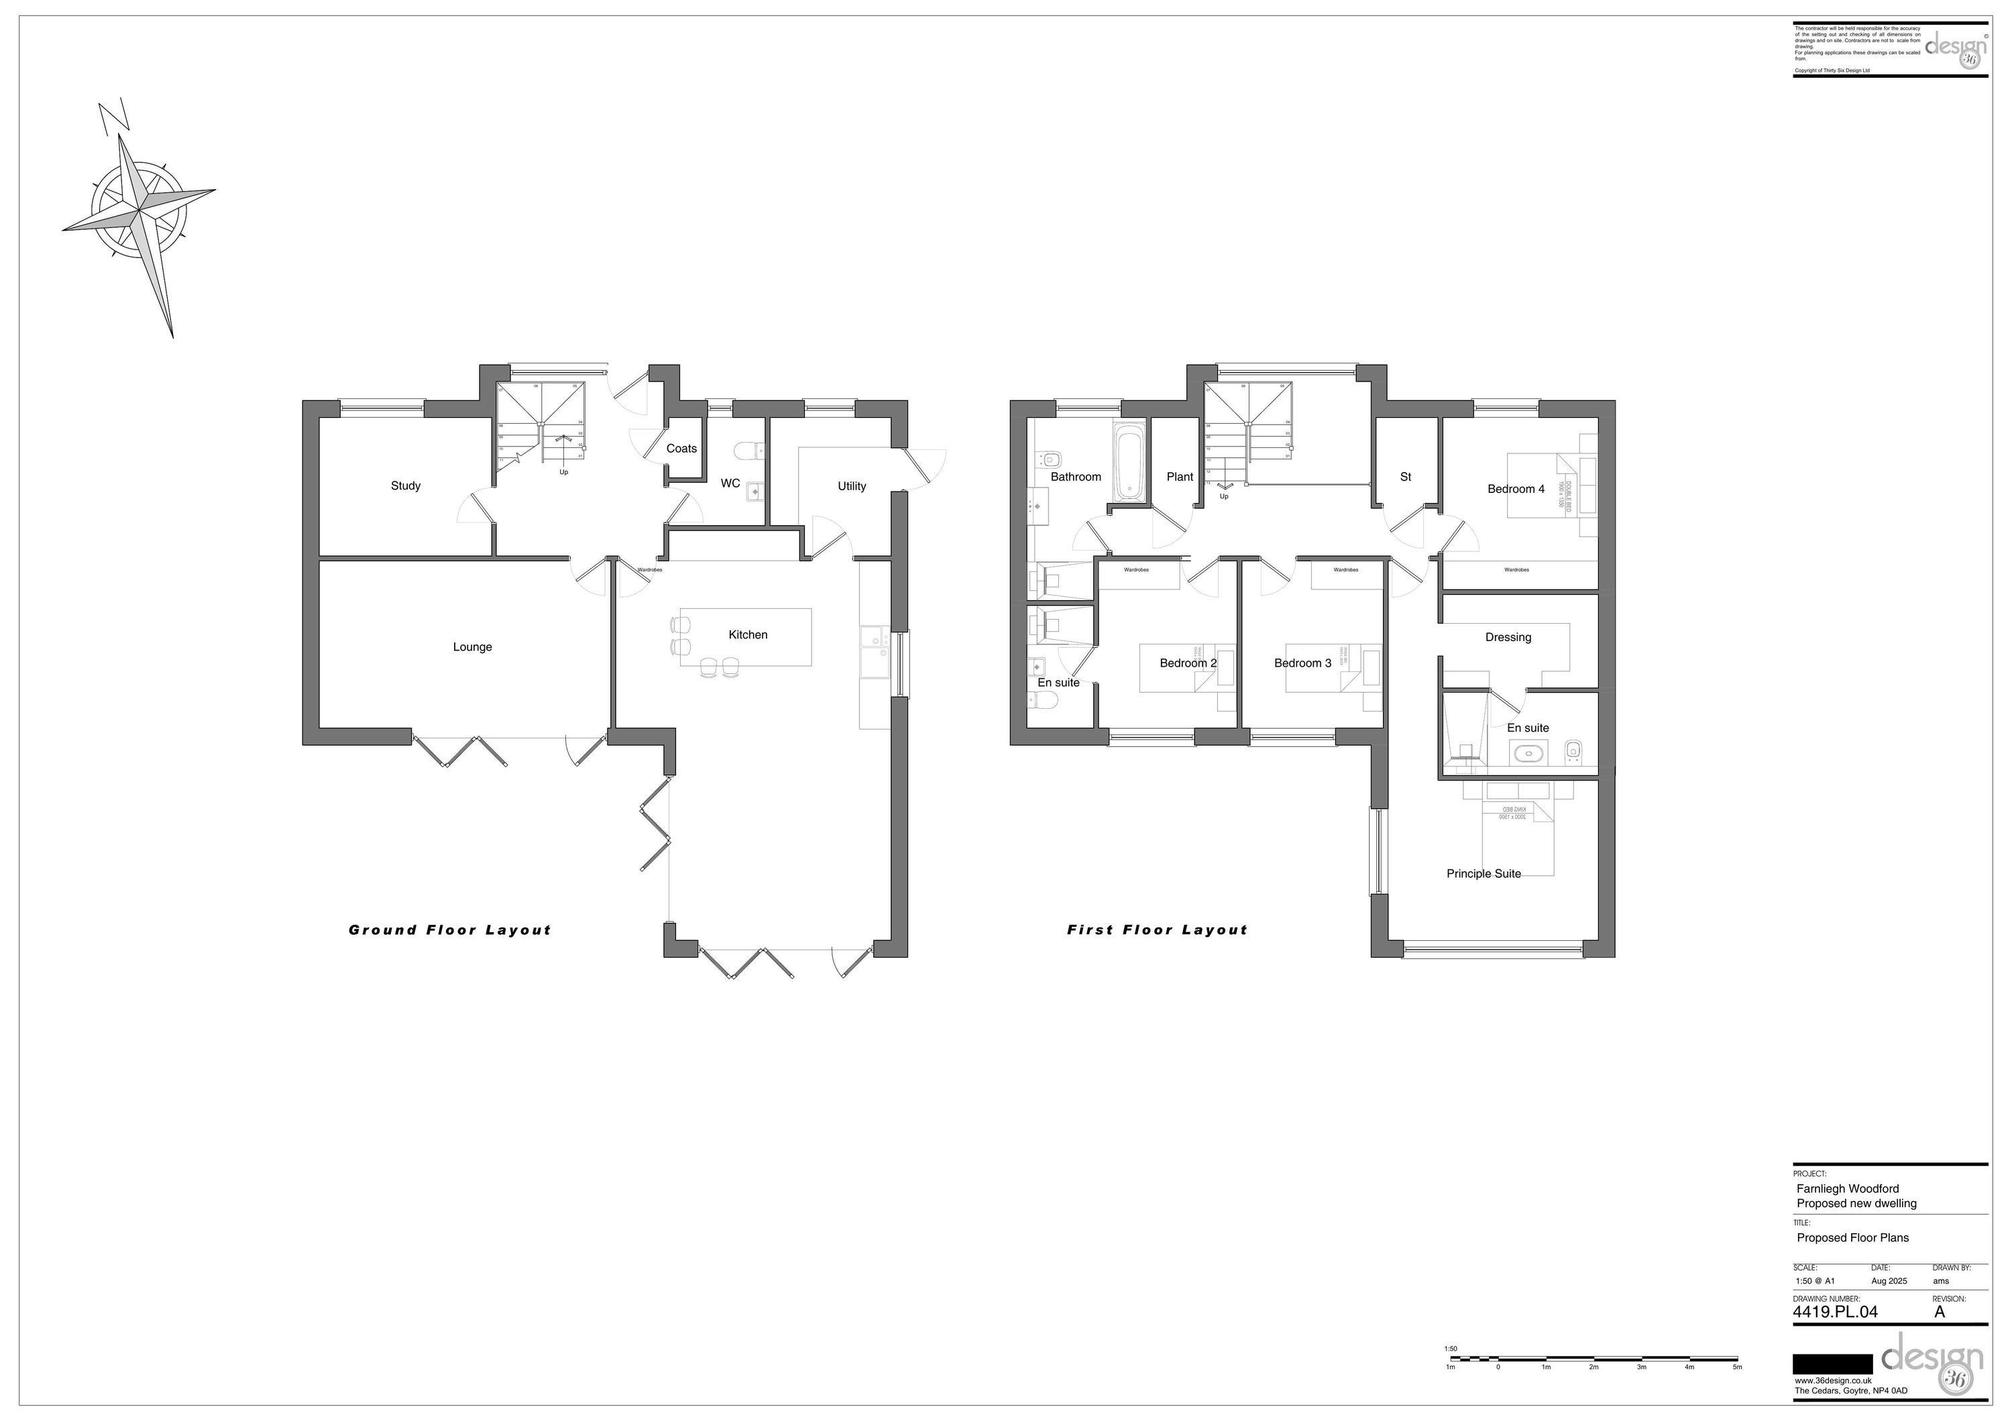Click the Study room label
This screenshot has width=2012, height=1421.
[406, 486]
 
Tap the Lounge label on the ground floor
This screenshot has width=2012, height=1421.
[472, 646]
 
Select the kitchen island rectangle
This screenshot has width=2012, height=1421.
[746, 637]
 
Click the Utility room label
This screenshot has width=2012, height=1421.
[851, 486]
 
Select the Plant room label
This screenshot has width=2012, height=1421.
[1180, 477]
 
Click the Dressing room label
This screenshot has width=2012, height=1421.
[1508, 637]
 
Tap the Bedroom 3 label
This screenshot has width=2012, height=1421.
[1302, 663]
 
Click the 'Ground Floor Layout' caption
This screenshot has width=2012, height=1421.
[449, 930]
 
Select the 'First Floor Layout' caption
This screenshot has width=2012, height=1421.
[1157, 930]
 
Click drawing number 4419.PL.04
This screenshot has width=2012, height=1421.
[1835, 1312]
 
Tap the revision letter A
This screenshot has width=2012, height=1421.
[1940, 1312]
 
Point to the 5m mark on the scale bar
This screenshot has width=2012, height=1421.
[1737, 1367]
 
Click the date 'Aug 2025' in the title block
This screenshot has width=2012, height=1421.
[1889, 1281]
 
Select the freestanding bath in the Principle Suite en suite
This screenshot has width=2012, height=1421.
[1529, 752]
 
